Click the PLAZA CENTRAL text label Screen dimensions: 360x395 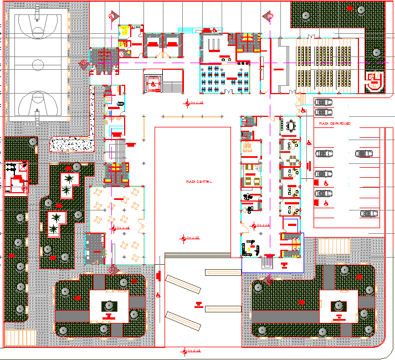192,181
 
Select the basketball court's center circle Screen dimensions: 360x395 38,65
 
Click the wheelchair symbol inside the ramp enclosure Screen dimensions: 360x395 153,84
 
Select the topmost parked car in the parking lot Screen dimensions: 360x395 324,102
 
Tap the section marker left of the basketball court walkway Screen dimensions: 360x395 84,64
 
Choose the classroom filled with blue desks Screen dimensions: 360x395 224,78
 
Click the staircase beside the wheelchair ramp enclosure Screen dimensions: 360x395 173,86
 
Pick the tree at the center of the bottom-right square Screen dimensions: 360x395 338,305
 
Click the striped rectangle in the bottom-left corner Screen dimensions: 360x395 20,337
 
